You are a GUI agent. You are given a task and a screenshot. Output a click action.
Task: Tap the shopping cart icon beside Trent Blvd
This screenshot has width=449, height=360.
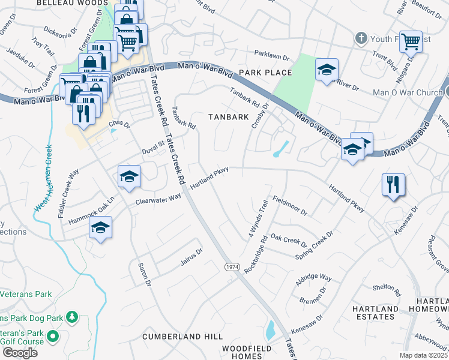tap(411, 41)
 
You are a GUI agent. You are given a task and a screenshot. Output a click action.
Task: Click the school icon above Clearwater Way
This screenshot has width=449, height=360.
tap(129, 176)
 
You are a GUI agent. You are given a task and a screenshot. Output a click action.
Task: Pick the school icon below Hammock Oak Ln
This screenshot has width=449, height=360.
tap(100, 228)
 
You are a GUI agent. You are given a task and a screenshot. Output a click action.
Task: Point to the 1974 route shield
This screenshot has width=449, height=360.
tap(232, 266)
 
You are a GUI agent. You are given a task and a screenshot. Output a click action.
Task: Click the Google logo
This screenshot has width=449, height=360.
tap(20, 352)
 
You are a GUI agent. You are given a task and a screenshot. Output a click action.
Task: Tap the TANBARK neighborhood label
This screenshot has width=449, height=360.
tap(228, 117)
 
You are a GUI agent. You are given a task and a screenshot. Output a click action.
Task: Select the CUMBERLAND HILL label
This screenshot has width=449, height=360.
tap(182, 337)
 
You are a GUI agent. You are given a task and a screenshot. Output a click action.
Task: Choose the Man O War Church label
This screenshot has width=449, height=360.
tap(408, 92)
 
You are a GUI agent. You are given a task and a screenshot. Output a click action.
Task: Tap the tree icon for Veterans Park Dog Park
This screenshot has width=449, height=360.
tap(71, 316)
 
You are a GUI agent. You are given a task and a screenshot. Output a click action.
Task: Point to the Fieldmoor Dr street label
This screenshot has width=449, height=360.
tap(289, 206)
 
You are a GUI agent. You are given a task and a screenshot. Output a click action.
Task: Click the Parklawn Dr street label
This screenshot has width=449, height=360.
tap(272, 53)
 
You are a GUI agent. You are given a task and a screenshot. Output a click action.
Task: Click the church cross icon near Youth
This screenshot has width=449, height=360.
tap(361, 38)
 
